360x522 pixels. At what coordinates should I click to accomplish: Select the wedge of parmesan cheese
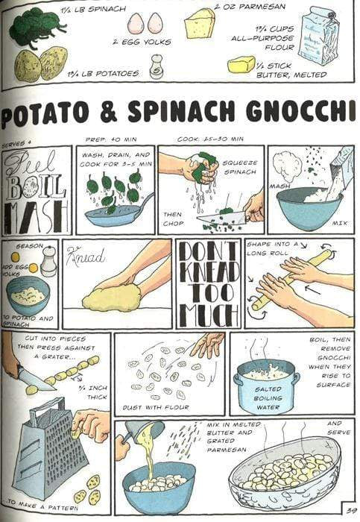pyautogui.click(x=199, y=23)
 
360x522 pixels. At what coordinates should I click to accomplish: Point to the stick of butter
pyautogui.click(x=241, y=65)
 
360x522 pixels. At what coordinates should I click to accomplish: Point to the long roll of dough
pyautogui.click(x=291, y=279)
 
